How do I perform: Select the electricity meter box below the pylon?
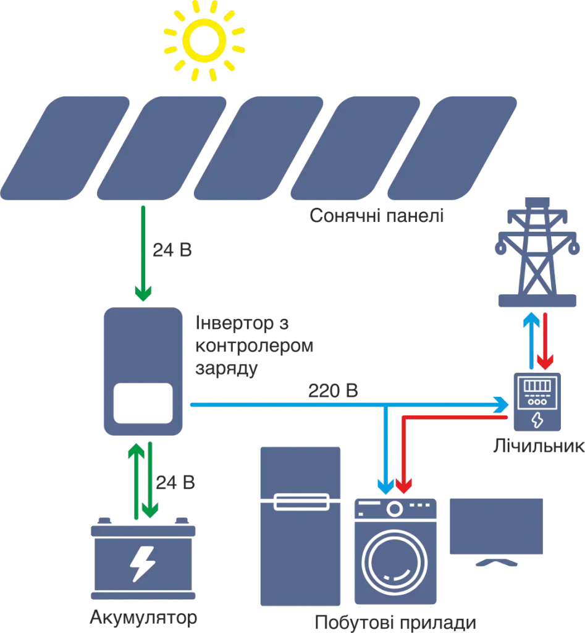pos(536,402)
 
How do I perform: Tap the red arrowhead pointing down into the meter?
pos(545,361)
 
